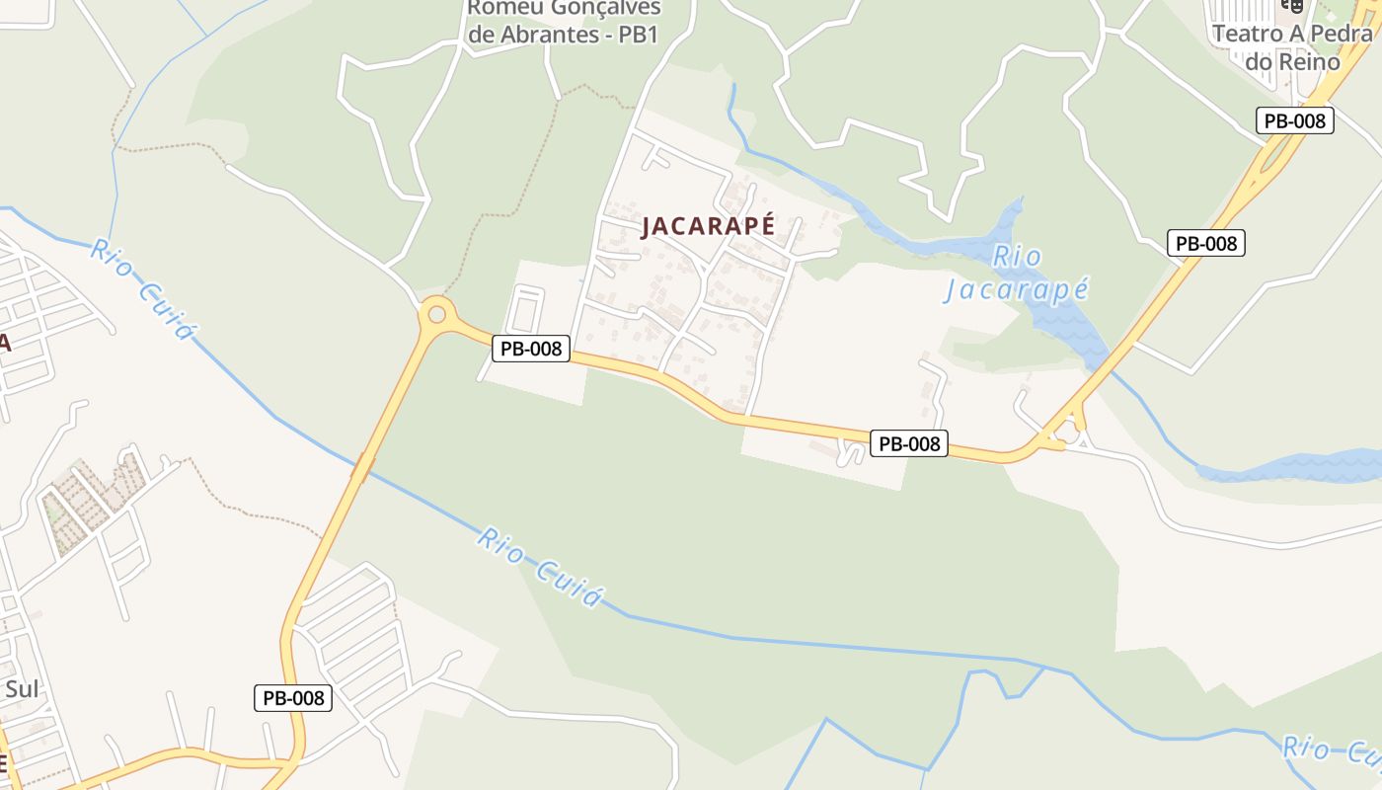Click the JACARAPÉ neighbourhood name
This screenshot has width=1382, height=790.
point(708,226)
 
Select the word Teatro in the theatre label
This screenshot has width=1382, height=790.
point(1246,34)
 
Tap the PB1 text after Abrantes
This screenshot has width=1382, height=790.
point(640,36)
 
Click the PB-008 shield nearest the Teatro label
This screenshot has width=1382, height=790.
point(1295,120)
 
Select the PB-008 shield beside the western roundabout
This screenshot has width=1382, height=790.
point(531,348)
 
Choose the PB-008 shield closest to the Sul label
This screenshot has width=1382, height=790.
point(293,698)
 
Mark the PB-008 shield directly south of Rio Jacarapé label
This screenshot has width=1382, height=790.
point(909,443)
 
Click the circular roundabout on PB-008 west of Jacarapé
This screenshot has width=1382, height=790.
point(436,316)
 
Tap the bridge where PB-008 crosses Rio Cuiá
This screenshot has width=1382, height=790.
point(362,466)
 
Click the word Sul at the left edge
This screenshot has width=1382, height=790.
point(22,688)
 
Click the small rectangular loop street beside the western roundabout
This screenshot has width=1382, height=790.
point(524,309)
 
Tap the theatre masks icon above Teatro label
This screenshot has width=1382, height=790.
point(1292,4)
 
